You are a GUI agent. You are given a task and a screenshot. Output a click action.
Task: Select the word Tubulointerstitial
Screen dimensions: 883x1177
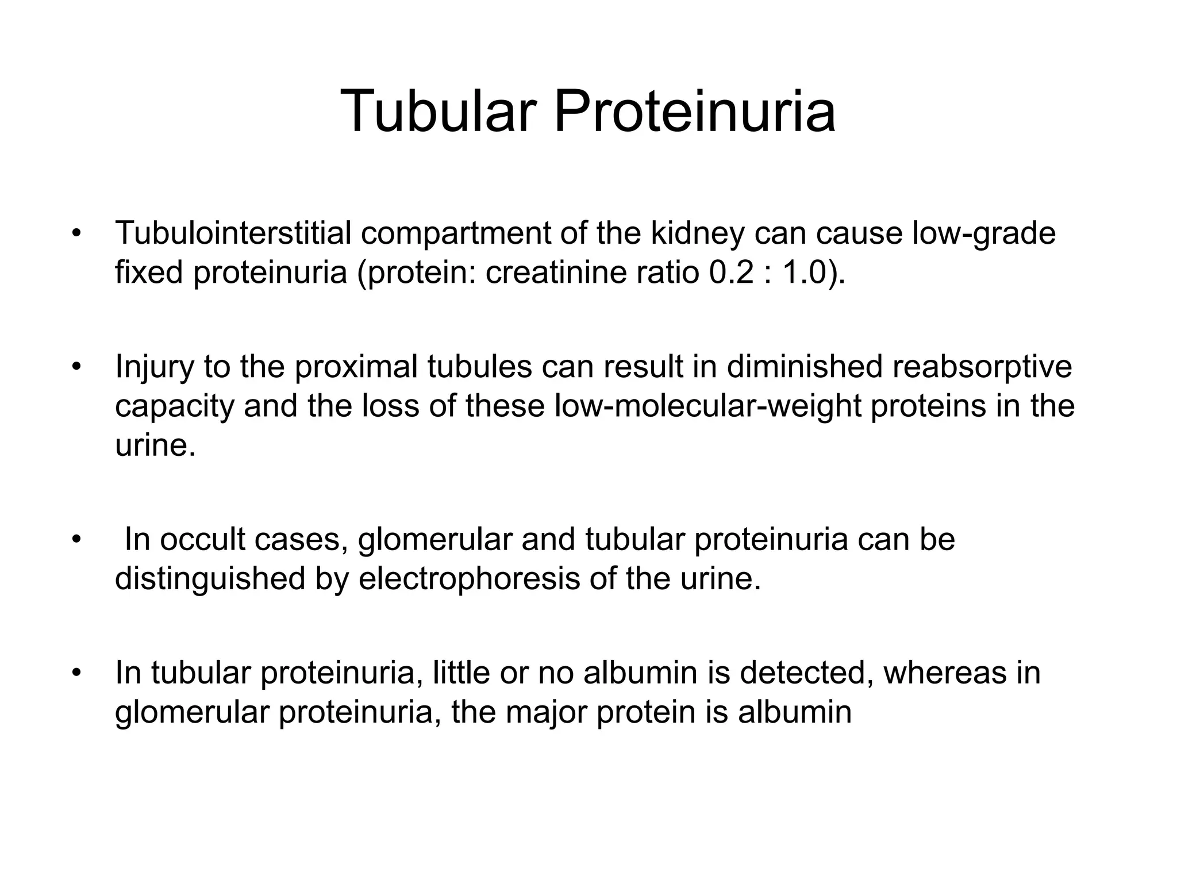click(233, 233)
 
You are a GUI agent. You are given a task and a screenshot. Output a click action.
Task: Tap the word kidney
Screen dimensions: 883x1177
click(697, 233)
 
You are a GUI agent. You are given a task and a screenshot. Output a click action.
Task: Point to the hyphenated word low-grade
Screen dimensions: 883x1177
click(984, 233)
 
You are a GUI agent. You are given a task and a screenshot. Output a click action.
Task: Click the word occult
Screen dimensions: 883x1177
click(202, 540)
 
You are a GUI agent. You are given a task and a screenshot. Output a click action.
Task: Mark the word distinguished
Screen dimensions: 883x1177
click(210, 579)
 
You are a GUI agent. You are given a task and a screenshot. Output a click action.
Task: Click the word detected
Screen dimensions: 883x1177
click(802, 673)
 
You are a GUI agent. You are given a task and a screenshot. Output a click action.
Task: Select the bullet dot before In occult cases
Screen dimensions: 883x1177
click(75, 540)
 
